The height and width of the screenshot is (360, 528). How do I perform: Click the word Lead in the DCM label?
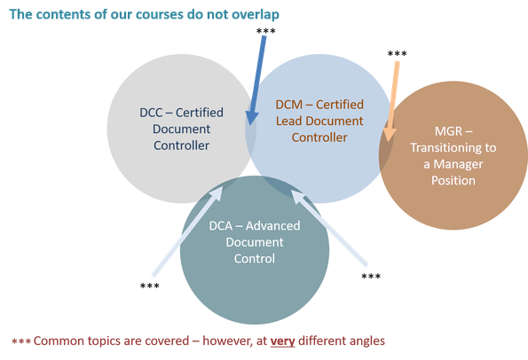click(x=289, y=121)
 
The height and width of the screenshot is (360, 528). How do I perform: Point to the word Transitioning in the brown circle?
click(x=439, y=148)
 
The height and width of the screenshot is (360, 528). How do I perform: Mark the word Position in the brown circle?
click(x=448, y=180)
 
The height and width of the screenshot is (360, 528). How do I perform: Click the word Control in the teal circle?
click(x=255, y=258)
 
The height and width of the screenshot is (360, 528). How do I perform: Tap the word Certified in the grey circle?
click(x=199, y=113)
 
